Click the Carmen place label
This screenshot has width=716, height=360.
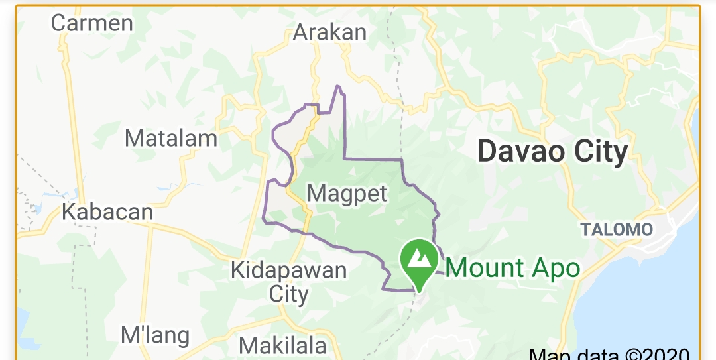click(x=91, y=23)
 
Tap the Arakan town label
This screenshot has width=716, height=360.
click(x=329, y=32)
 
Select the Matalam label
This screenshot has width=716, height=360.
click(x=171, y=139)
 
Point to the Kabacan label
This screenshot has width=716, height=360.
click(x=107, y=212)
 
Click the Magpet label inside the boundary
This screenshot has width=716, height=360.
click(x=347, y=194)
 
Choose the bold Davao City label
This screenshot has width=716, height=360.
click(x=552, y=152)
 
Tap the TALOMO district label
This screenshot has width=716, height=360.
click(x=617, y=230)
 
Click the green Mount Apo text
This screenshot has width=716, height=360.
click(x=512, y=269)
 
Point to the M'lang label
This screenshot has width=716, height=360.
click(x=155, y=335)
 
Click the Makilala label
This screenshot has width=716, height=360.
click(x=282, y=346)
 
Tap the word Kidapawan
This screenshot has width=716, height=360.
click(x=288, y=270)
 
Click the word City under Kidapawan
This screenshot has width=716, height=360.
click(x=288, y=294)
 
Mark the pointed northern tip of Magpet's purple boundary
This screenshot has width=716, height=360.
click(x=338, y=86)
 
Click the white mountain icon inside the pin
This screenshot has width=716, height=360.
click(x=418, y=257)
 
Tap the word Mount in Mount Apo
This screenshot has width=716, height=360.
click(x=485, y=269)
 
